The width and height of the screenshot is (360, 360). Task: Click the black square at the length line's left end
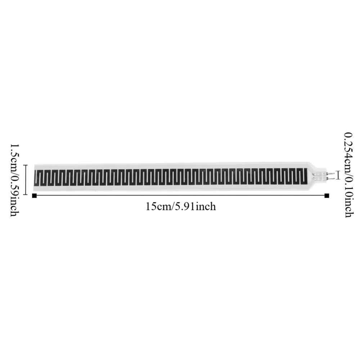(35, 195)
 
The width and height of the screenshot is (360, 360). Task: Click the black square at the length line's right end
(327, 195)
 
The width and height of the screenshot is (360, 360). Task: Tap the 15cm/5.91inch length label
(181, 207)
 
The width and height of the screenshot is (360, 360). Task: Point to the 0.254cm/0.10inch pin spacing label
(349, 175)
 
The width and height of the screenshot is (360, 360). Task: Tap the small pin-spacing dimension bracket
(338, 175)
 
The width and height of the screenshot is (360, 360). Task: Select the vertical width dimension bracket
(26, 180)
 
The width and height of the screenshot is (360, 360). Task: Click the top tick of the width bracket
(26, 165)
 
